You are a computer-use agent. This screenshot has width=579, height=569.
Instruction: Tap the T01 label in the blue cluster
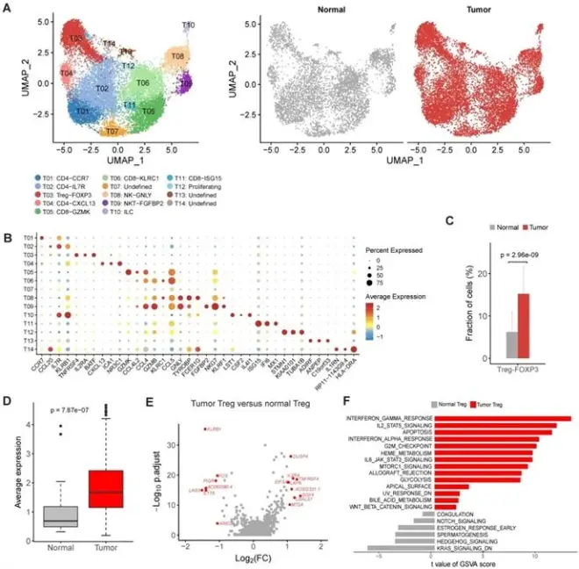82,112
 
